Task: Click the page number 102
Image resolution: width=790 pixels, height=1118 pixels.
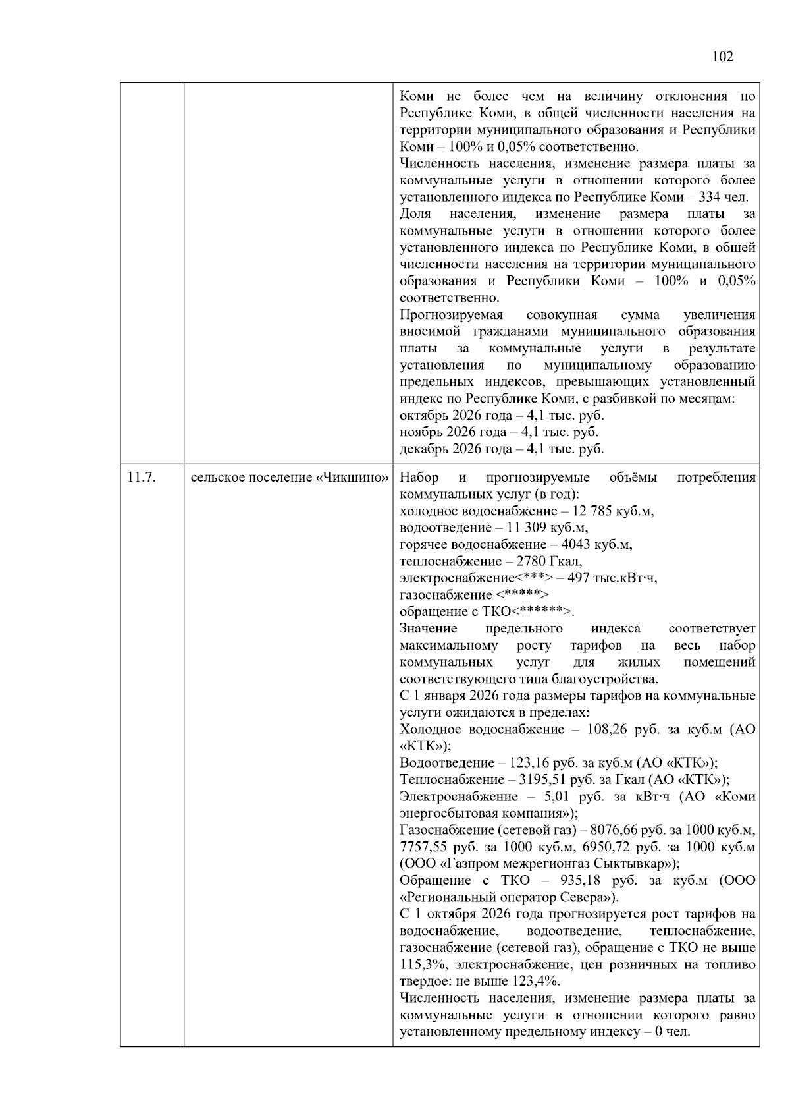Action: (722, 57)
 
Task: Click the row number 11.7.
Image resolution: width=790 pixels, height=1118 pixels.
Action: (142, 477)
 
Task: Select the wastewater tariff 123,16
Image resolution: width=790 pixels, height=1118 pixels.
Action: (531, 763)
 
